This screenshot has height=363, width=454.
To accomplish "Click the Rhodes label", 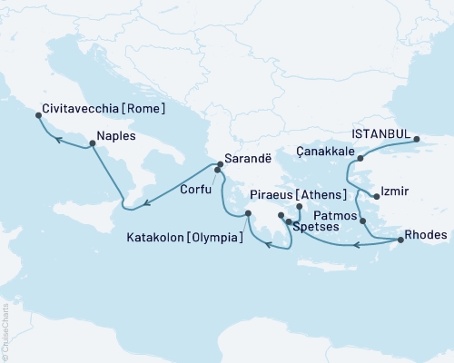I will [426, 234].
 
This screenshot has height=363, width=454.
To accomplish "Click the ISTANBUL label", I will [380, 132].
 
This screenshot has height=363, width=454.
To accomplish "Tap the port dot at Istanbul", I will [417, 140].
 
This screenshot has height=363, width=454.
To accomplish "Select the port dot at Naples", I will [93, 146].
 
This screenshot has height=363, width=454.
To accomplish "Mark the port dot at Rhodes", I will [400, 240].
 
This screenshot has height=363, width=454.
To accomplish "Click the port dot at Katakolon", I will [247, 214].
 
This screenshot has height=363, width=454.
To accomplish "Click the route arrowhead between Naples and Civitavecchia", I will [55, 140].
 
